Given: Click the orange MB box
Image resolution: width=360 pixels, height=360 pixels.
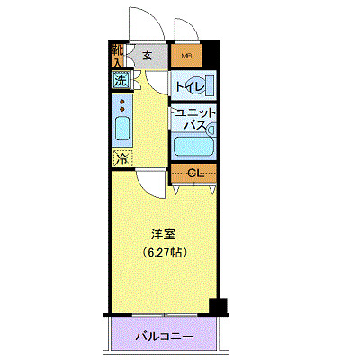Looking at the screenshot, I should pos(186,56).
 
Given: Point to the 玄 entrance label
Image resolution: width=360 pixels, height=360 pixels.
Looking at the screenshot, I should pos(146,56).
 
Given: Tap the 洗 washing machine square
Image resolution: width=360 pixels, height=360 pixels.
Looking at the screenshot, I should pos(121,79).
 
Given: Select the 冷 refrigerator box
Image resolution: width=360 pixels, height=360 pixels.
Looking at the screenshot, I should pos(121,158).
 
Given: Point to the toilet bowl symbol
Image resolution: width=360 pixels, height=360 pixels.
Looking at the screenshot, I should pos(204,86).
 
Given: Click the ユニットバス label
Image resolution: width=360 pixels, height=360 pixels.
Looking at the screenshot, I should pos(193,119).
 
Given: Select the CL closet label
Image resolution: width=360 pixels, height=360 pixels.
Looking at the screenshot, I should pos(193,172).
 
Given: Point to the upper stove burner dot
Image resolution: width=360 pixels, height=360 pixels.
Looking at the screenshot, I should pos(121,102).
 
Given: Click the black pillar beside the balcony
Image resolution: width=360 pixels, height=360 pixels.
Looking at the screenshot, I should pos(216,306).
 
